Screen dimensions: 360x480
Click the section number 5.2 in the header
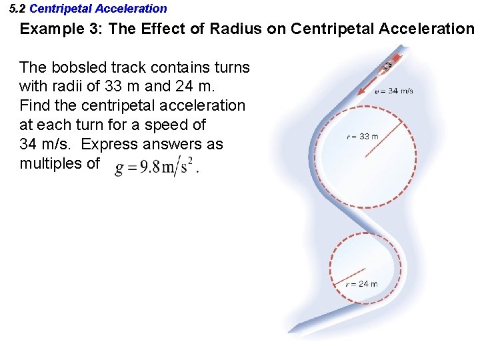tap(18, 9)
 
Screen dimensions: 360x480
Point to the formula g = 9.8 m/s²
tap(156, 167)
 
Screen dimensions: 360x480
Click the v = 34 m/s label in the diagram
tap(393, 91)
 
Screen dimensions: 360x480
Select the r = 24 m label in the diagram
tap(361, 283)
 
